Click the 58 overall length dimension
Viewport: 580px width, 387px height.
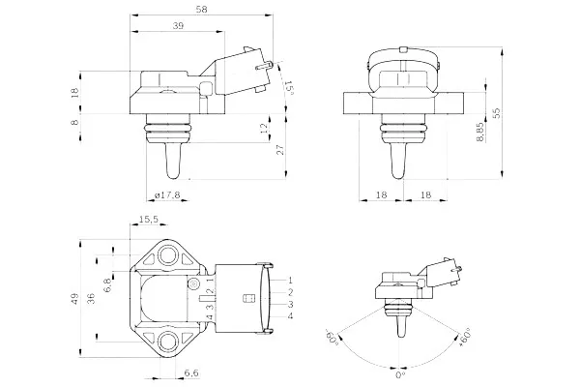(x=202, y=10)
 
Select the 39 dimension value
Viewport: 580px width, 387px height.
(x=178, y=25)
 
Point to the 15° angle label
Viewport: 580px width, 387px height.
(x=289, y=88)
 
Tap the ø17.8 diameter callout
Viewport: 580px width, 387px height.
(x=167, y=194)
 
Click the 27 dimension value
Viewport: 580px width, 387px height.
(x=280, y=150)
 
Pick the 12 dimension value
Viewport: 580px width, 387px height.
(x=264, y=129)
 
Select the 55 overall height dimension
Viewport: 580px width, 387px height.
(x=497, y=112)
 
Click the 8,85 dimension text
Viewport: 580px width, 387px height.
(x=479, y=133)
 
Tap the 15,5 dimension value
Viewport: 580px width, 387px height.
(x=149, y=220)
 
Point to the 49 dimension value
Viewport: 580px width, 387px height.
(x=75, y=299)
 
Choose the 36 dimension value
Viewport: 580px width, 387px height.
(x=92, y=299)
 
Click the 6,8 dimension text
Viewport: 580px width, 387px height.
(x=107, y=285)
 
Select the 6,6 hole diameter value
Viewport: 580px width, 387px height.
(x=191, y=372)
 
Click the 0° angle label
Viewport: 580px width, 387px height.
(x=400, y=375)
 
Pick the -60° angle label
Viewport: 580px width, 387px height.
(x=333, y=337)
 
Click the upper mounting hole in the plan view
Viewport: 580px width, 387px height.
(x=168, y=255)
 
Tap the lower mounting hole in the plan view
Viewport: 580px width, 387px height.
(x=168, y=342)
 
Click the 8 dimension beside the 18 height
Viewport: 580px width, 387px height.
(x=75, y=122)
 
